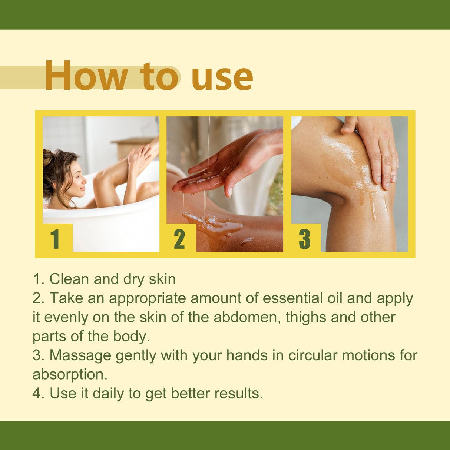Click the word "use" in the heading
(222, 77)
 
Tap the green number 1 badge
(55, 239)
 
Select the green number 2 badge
(179, 239)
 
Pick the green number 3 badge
(304, 239)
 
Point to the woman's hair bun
(48, 158)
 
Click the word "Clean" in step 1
(69, 279)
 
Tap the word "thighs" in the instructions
(306, 318)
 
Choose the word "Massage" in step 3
(80, 355)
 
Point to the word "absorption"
(70, 375)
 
